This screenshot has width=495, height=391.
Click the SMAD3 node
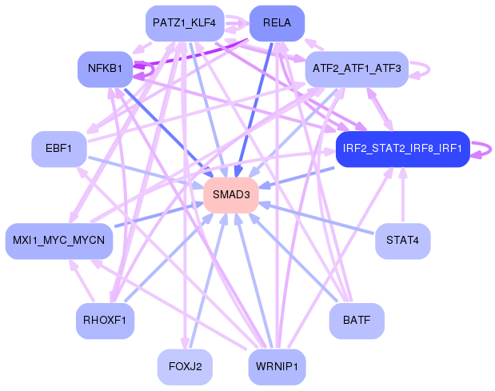tap(231, 195)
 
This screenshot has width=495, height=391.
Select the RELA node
tap(277, 23)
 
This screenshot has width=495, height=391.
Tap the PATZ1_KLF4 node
tap(185, 23)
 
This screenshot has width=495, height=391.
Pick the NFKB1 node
tap(105, 69)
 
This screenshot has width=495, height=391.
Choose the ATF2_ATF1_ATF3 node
tap(357, 69)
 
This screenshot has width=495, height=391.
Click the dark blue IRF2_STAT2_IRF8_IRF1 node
tap(402, 149)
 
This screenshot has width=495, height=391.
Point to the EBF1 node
tap(59, 149)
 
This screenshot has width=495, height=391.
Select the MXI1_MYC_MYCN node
tap(59, 241)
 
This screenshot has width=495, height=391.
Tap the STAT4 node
tap(402, 241)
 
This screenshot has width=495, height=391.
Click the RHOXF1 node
tap(105, 321)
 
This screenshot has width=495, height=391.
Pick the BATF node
tap(357, 321)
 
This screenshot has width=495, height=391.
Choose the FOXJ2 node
tap(185, 367)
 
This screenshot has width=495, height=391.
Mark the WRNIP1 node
tap(277, 367)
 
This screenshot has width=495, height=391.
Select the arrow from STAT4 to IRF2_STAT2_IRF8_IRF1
tap(402, 195)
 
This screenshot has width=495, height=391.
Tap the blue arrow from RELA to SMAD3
tap(254, 109)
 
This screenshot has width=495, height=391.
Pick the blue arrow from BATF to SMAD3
tap(294, 257)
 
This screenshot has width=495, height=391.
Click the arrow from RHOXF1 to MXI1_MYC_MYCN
tap(82, 280)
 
